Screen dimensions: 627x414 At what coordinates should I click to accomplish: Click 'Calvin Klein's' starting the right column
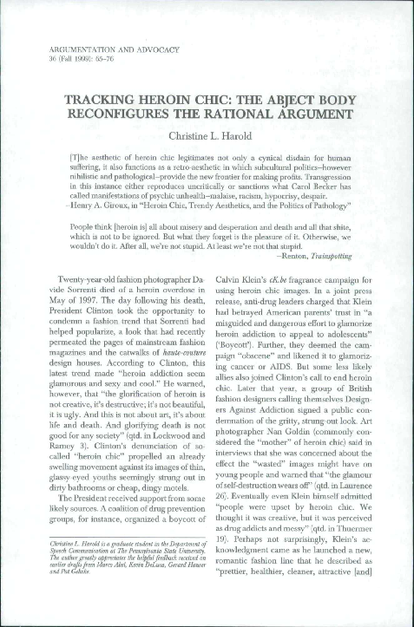pyautogui.click(x=245, y=297)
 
